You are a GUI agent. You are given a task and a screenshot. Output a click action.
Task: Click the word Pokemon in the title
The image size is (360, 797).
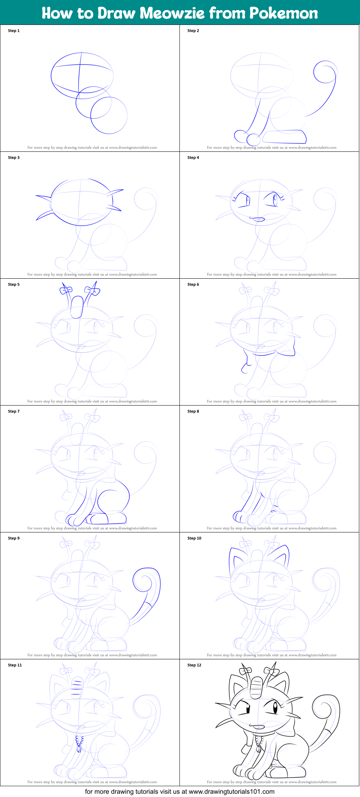(x=284, y=13)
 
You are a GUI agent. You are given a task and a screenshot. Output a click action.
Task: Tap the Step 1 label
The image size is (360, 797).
(x=14, y=31)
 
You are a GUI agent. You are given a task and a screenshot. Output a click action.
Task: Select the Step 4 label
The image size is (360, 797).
(x=193, y=158)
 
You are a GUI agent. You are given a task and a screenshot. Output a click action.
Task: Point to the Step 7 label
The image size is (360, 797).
(x=14, y=411)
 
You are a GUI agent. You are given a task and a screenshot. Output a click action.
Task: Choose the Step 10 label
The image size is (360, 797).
(x=194, y=538)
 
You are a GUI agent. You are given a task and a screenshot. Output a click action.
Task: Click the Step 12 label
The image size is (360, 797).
(x=194, y=665)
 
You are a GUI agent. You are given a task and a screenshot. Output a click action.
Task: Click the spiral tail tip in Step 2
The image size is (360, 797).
(x=325, y=72)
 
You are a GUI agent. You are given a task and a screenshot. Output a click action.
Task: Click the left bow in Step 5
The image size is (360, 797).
(x=66, y=289)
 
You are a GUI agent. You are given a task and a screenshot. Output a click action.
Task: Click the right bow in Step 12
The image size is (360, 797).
(x=272, y=671)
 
